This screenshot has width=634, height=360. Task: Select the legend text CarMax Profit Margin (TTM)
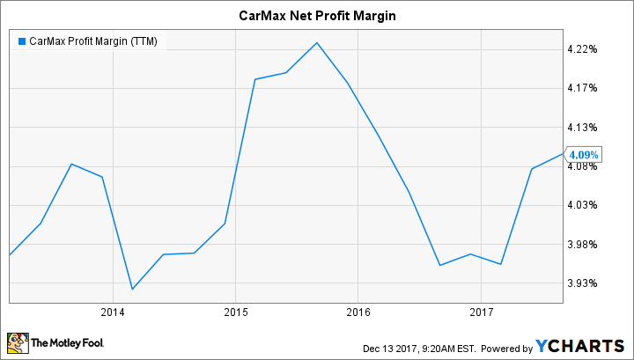coord(93,41)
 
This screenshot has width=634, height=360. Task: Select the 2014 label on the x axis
coord(113,312)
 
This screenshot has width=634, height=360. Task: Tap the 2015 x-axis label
coord(235,312)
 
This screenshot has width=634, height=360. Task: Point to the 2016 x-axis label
coord(358,312)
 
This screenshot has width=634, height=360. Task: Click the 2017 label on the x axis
coord(480,312)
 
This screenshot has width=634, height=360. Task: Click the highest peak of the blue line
coord(316,42)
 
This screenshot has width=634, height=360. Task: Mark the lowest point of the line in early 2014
coord(132,289)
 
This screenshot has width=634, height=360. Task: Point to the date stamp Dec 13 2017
coord(387,347)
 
